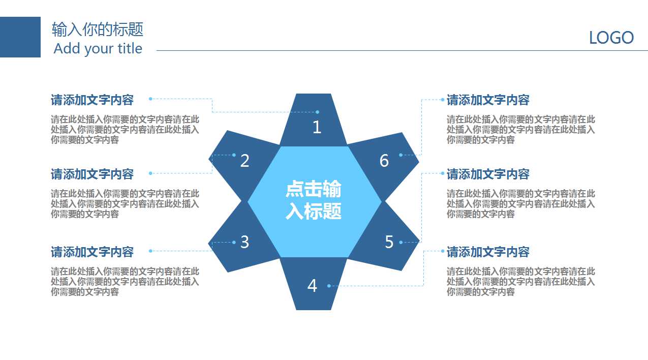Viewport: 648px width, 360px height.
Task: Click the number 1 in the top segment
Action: pyautogui.click(x=317, y=127)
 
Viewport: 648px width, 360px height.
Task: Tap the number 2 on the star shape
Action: pyautogui.click(x=244, y=161)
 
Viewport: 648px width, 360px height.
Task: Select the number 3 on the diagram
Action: pyautogui.click(x=244, y=242)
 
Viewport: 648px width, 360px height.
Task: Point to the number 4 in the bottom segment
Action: pyautogui.click(x=312, y=286)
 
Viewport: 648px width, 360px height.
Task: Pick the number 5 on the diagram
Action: pyautogui.click(x=389, y=242)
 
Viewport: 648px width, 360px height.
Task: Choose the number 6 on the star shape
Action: pyautogui.click(x=384, y=161)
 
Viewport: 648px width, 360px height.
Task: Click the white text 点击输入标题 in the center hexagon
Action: pyautogui.click(x=314, y=200)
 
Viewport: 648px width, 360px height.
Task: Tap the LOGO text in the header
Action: pyautogui.click(x=611, y=38)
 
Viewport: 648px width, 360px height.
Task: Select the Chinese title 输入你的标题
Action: pyautogui.click(x=98, y=29)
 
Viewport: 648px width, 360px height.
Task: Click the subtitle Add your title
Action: pyautogui.click(x=98, y=48)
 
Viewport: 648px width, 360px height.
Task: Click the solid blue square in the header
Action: pyautogui.click(x=20, y=37)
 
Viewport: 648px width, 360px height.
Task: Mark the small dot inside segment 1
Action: pyautogui.click(x=318, y=112)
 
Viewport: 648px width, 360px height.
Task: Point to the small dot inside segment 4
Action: pyautogui.click(x=329, y=286)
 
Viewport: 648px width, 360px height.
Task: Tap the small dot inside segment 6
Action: pyautogui.click(x=400, y=155)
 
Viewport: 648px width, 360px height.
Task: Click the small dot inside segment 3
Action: pyautogui.click(x=234, y=242)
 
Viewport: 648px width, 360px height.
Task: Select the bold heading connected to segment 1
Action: pyautogui.click(x=92, y=100)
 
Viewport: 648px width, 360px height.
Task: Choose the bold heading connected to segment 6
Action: pyautogui.click(x=488, y=100)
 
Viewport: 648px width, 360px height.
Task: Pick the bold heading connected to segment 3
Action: pyautogui.click(x=92, y=252)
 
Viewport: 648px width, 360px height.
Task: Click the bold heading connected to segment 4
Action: pyautogui.click(x=488, y=252)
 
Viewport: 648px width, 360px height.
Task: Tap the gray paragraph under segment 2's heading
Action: pyautogui.click(x=125, y=203)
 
